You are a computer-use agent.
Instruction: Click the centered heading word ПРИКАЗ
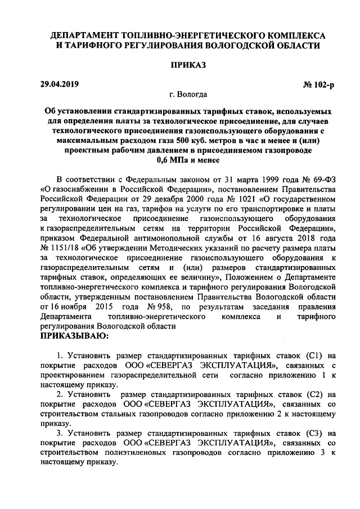pyautogui.click(x=181, y=65)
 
